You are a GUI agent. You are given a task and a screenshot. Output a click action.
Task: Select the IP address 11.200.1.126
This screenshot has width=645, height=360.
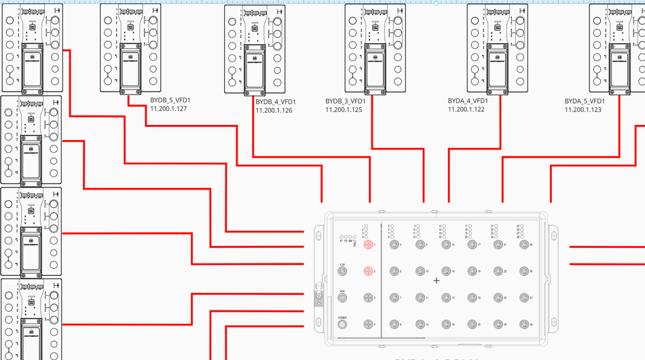pyautogui.click(x=274, y=110)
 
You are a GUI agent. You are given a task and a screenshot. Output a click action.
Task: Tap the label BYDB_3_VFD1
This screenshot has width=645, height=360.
pyautogui.click(x=344, y=101)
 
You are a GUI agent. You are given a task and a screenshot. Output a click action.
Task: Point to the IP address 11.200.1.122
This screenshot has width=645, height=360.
pyautogui.click(x=466, y=109)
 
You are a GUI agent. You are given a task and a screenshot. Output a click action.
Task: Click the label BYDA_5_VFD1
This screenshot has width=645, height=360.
pyautogui.click(x=583, y=101)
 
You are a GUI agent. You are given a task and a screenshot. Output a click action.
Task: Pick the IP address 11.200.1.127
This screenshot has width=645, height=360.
pyautogui.click(x=168, y=108)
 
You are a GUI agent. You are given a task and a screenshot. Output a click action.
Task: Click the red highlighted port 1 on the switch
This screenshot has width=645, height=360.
pyautogui.click(x=368, y=245)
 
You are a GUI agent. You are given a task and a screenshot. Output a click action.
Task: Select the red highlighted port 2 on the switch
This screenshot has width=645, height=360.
pyautogui.click(x=368, y=271)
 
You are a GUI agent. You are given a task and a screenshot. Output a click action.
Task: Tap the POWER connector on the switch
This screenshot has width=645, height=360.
pyautogui.click(x=343, y=325)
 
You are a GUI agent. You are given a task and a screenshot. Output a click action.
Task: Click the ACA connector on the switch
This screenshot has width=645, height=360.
pyautogui.click(x=343, y=298)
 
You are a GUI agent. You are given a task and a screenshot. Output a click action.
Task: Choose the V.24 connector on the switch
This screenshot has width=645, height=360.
pyautogui.click(x=343, y=272)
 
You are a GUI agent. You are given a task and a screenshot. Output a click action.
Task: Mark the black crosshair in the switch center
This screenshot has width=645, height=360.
pyautogui.click(x=437, y=281)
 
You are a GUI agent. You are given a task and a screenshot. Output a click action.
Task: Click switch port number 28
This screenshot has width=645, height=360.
pyautogui.click(x=523, y=324)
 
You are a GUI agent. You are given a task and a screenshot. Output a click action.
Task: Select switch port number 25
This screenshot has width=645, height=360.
pyautogui.click(x=523, y=245)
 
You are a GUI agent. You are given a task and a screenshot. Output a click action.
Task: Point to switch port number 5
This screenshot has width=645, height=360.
pyautogui.click(x=394, y=245)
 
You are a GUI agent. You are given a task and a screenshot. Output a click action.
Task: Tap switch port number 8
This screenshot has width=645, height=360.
pyautogui.click(x=394, y=324)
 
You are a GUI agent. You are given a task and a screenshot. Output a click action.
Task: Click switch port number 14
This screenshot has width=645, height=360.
pyautogui.click(x=445, y=271)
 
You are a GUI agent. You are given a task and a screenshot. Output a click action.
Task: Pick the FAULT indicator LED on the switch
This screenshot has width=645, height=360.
pyautogui.click(x=354, y=236)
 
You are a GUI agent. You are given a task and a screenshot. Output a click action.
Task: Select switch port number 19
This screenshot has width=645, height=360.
pyautogui.click(x=471, y=298)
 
